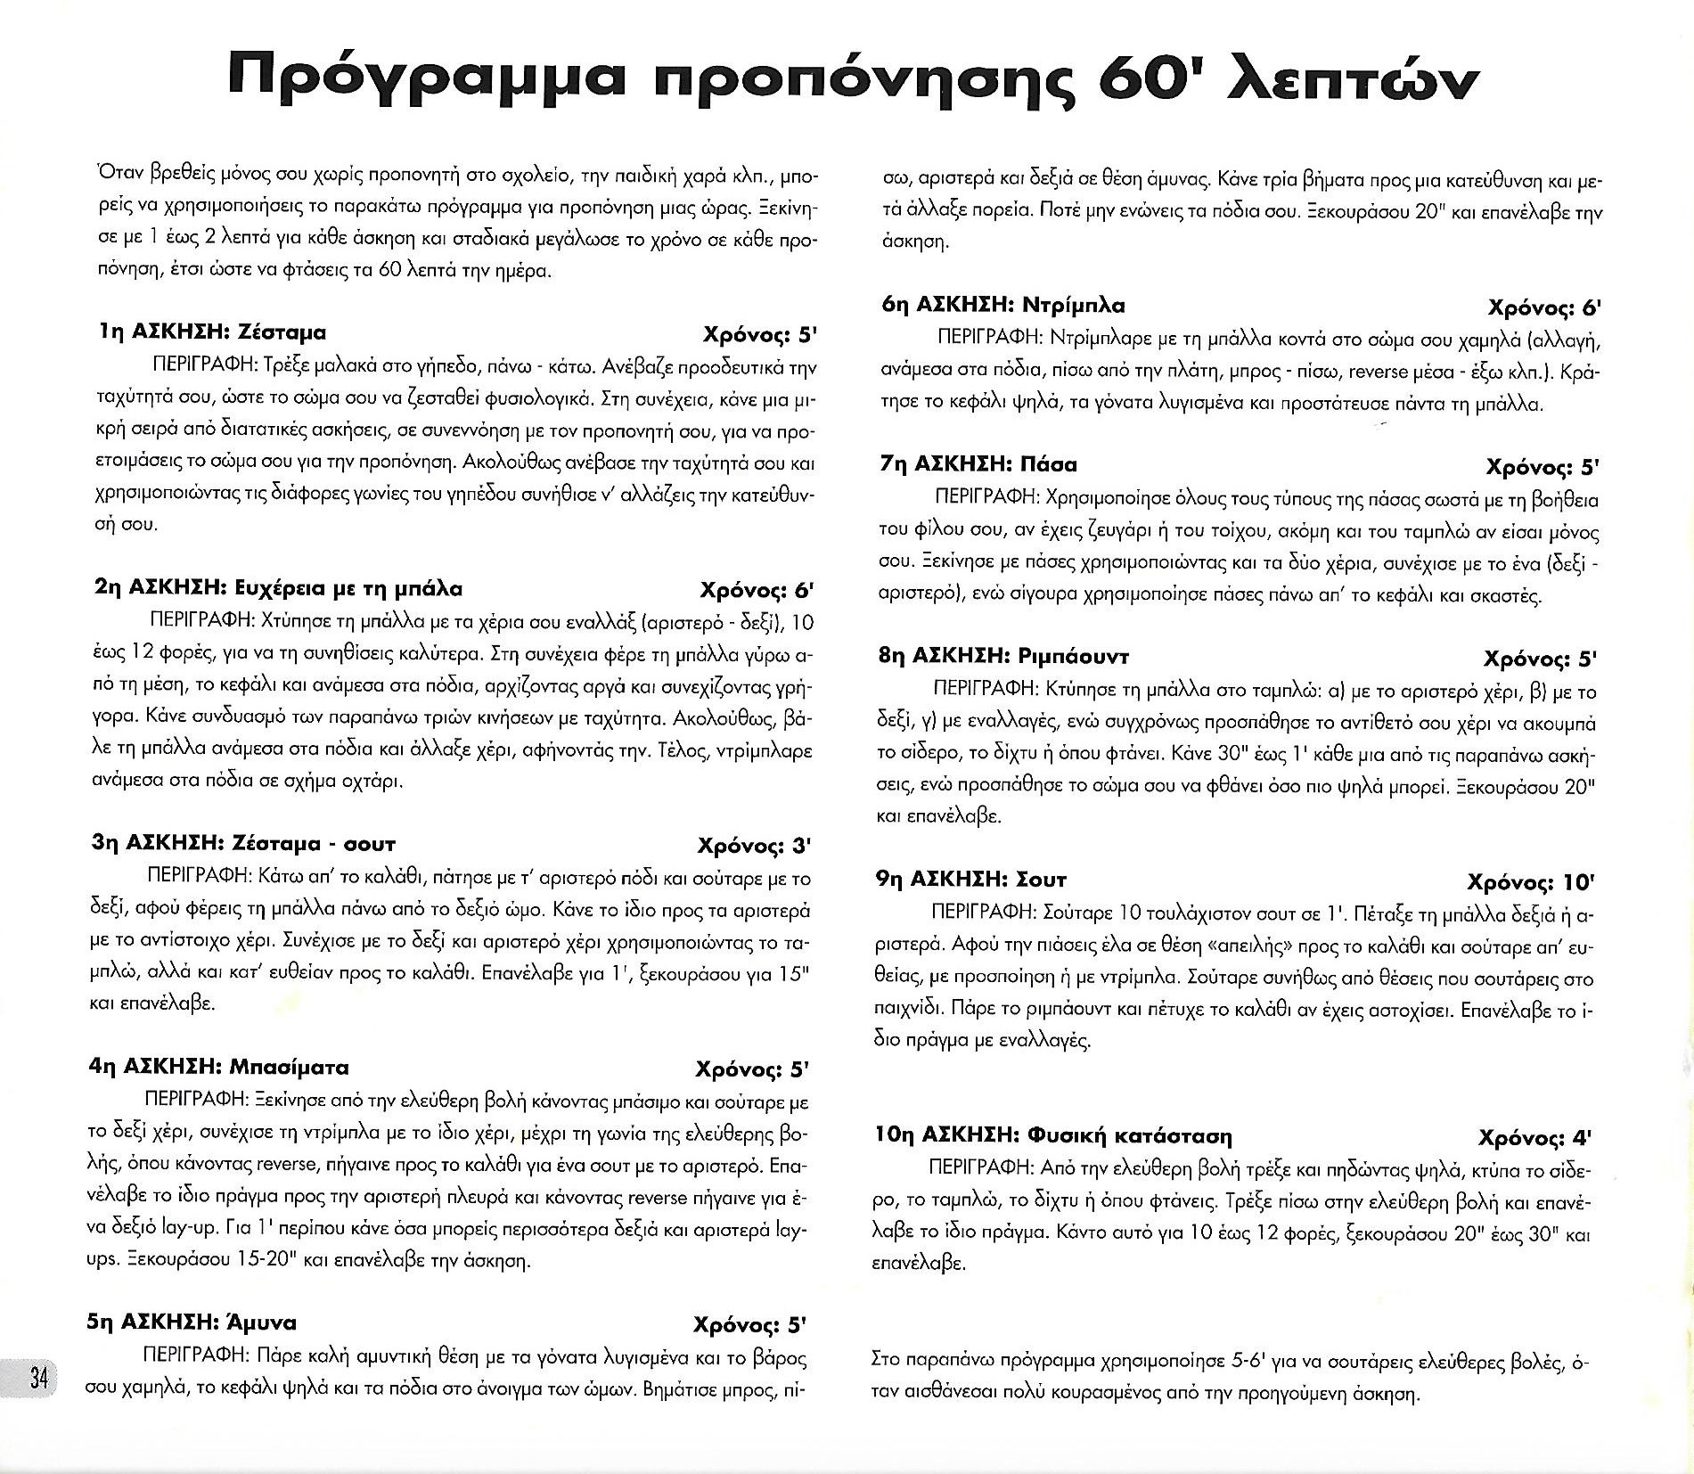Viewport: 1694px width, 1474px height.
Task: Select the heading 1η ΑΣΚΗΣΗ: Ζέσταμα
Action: click(x=212, y=332)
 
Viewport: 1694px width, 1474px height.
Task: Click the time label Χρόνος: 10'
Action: click(x=1530, y=882)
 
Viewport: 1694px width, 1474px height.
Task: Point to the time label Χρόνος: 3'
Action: click(x=754, y=845)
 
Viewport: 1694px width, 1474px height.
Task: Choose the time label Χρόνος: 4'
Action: click(x=1534, y=1138)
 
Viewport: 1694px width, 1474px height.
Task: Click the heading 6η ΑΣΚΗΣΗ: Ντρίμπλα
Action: click(x=1002, y=306)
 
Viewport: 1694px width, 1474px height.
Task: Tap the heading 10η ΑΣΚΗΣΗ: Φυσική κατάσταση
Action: click(x=1053, y=1136)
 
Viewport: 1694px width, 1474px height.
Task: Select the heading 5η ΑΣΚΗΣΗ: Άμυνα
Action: click(x=192, y=1323)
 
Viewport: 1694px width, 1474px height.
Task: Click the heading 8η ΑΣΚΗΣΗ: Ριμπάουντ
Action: click(x=1003, y=657)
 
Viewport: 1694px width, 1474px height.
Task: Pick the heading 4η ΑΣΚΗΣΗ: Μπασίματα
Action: click(x=219, y=1068)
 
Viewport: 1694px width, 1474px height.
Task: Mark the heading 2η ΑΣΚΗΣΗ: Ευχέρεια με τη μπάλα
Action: click(x=278, y=588)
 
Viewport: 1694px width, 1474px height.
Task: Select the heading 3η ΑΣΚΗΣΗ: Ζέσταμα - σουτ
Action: click(x=243, y=843)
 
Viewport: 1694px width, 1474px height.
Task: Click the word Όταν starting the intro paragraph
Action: click(x=116, y=176)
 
